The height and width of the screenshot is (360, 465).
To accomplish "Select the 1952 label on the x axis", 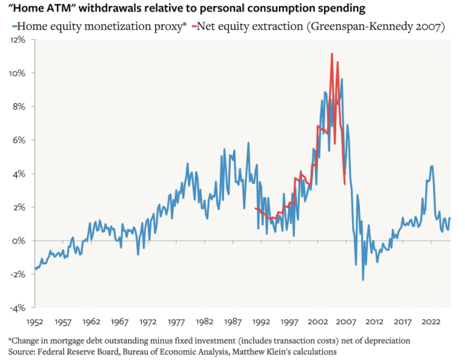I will [x=36, y=321].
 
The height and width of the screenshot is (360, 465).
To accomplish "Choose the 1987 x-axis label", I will [x=233, y=321].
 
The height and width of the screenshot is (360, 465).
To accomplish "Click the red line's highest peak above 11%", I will [x=332, y=53].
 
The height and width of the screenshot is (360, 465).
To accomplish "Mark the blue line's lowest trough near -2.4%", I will [x=363, y=280].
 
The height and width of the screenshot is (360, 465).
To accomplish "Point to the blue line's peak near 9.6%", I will [x=342, y=79].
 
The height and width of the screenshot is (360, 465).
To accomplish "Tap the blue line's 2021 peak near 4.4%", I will [x=432, y=166].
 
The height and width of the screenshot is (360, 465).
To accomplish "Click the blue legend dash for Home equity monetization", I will [x=14, y=26].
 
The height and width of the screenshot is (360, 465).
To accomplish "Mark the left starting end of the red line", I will [x=255, y=208].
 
